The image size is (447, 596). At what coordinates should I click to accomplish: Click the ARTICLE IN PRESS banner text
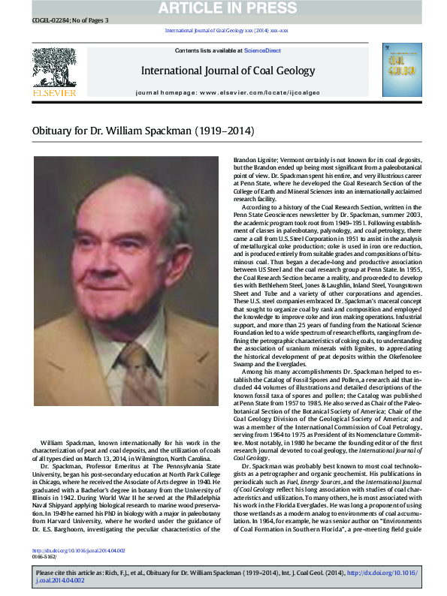pyautogui.click(x=223, y=8)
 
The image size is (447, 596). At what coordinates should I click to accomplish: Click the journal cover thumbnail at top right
pyautogui.click(x=402, y=69)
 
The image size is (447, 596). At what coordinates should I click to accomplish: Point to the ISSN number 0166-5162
pyautogui.click(x=48, y=556)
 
